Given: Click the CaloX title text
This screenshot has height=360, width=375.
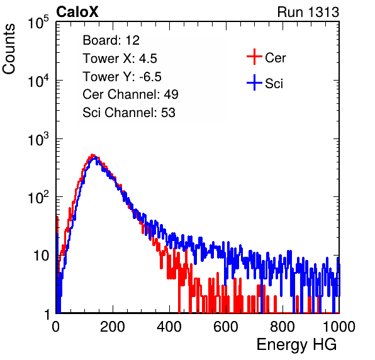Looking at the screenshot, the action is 77,12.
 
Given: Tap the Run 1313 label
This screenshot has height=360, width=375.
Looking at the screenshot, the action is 308,12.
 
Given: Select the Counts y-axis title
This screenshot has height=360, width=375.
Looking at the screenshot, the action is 9,49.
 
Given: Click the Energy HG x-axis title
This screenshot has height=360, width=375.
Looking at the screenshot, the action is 296,345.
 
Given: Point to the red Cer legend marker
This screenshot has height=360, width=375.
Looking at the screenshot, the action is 254,57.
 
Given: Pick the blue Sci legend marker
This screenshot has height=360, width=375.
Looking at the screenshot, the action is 254,82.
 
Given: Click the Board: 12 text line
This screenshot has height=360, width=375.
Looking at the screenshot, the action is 111,40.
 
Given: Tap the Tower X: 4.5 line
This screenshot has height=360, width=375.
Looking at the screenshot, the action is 120,59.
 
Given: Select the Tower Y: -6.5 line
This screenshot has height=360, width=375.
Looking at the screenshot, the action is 122,77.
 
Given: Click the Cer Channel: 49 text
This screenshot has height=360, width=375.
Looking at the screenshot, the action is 130,94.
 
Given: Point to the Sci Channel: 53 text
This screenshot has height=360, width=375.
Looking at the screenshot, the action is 129,113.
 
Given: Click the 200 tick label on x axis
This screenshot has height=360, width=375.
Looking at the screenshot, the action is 113,327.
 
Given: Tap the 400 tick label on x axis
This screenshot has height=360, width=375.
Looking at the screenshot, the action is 169,327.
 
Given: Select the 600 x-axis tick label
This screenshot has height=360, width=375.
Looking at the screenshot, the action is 226,327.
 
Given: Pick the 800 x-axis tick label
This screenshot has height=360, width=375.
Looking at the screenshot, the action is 283,327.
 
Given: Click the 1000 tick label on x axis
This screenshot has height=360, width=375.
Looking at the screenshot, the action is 339,327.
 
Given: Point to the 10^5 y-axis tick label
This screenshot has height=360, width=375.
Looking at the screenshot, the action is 38,22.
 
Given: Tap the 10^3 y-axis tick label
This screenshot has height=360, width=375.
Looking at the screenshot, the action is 38,138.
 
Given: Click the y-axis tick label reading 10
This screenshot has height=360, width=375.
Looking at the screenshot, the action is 42,256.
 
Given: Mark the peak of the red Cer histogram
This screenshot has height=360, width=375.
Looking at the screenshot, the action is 92,155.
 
